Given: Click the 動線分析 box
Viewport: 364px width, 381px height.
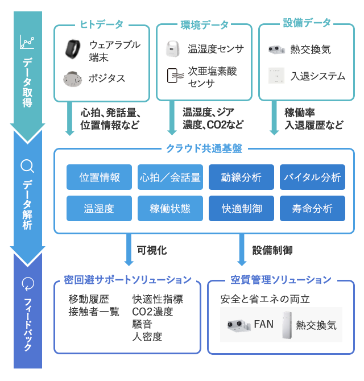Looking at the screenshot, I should [x=241, y=177].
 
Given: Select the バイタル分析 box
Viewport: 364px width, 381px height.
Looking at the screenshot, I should [x=312, y=177].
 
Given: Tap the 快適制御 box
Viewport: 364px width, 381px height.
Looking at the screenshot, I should [x=241, y=209].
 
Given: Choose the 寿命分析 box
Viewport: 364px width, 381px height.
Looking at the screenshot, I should [x=312, y=209].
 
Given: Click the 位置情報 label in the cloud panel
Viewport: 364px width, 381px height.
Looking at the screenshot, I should [x=100, y=177].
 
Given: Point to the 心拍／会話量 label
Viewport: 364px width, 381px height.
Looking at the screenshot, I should [x=170, y=177].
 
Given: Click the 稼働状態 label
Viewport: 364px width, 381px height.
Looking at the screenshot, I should [x=170, y=209].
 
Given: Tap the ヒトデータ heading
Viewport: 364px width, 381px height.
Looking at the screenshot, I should [x=102, y=24].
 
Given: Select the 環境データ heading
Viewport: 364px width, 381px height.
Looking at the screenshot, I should [x=204, y=24].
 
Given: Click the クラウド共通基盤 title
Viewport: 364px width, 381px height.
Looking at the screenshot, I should [x=204, y=148].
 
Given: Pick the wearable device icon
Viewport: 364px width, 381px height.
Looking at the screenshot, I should [x=72, y=49].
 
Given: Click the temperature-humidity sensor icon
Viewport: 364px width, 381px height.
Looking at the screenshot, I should [x=173, y=48].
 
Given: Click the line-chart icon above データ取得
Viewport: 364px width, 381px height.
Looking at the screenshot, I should [x=27, y=42].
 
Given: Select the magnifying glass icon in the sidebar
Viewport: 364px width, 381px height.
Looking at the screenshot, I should [x=27, y=166].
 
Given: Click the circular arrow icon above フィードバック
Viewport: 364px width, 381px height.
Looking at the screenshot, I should [x=27, y=283].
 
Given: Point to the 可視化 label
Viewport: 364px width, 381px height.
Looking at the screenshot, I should [x=152, y=250].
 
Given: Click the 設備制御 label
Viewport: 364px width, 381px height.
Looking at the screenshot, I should [x=272, y=250].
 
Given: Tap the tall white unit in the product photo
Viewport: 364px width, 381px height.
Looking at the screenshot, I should [x=289, y=325].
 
